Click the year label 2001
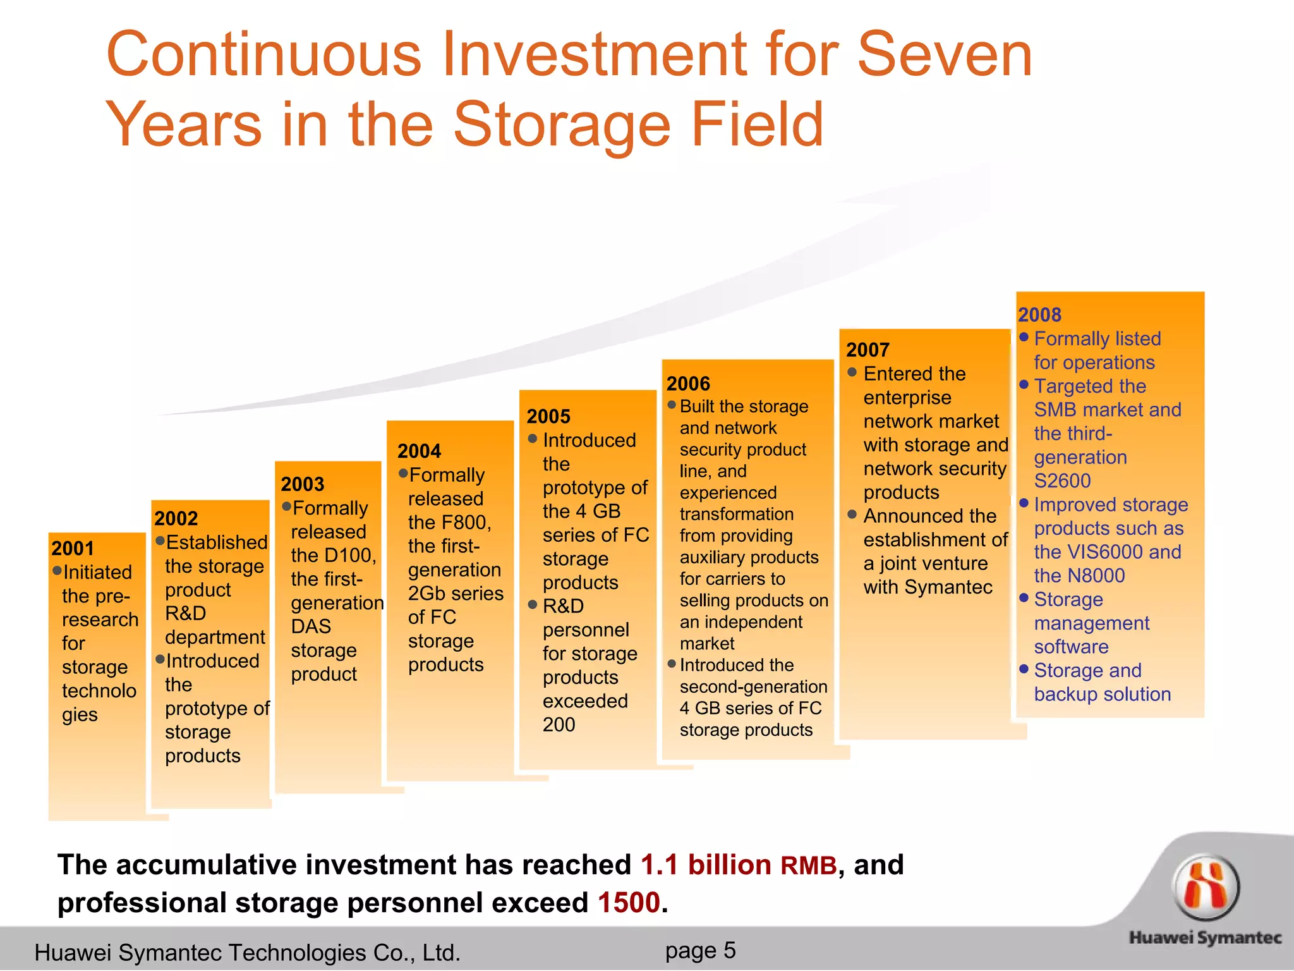click(x=73, y=548)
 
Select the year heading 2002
click(x=176, y=518)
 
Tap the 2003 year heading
click(x=303, y=484)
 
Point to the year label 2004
click(x=420, y=451)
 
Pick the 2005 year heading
click(x=548, y=416)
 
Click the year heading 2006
click(x=689, y=383)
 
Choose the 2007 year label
click(x=868, y=350)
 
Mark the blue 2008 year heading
click(x=1040, y=315)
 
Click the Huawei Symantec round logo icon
click(x=1206, y=886)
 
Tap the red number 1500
click(x=629, y=902)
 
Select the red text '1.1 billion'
click(x=706, y=864)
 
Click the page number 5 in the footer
click(x=730, y=950)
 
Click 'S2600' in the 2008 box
click(x=1063, y=480)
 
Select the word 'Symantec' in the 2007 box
click(x=948, y=587)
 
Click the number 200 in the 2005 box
click(x=559, y=724)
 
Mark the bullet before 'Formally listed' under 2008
click(x=1024, y=338)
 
